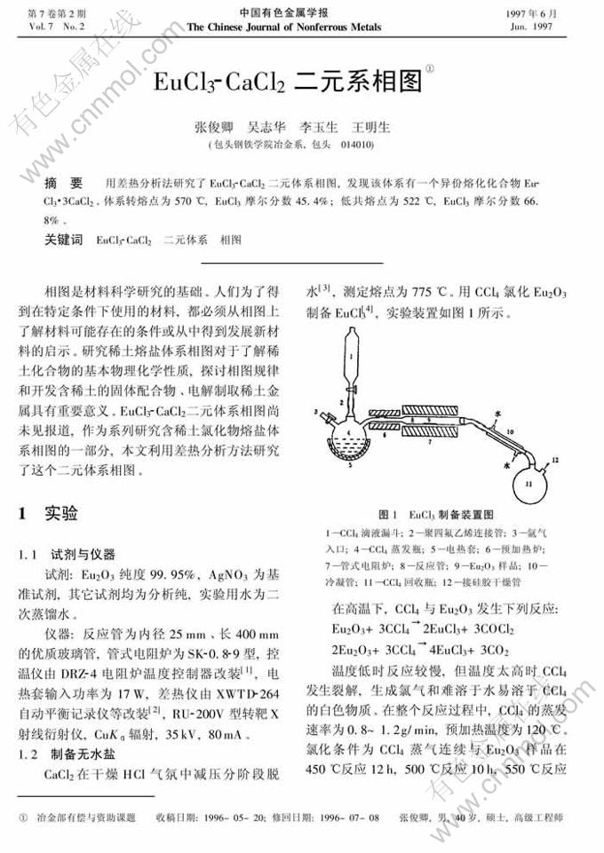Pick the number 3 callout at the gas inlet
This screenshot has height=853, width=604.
[316, 413]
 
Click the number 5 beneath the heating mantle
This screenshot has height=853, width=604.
[352, 464]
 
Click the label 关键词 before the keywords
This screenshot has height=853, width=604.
[64, 240]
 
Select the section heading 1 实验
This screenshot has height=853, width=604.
[48, 513]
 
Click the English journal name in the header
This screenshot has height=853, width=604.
[285, 27]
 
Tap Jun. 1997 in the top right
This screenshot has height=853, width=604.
[554, 27]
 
